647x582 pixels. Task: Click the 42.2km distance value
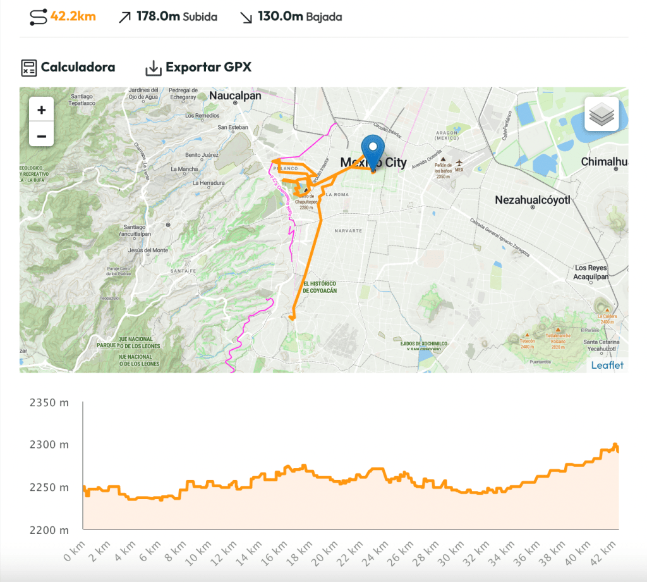[73, 16]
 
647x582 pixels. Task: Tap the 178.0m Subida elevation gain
[176, 16]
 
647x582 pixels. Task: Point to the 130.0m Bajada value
[299, 16]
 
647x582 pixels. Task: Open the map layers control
[602, 114]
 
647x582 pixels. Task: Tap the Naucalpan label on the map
[235, 96]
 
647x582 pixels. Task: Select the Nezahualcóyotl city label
[533, 200]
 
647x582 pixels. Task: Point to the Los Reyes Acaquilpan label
[591, 272]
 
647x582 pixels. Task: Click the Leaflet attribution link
[607, 365]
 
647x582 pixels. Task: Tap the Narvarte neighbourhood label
[348, 231]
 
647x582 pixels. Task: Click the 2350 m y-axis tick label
[49, 402]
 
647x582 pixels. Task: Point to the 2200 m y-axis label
[49, 530]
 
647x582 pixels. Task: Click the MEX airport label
[459, 170]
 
